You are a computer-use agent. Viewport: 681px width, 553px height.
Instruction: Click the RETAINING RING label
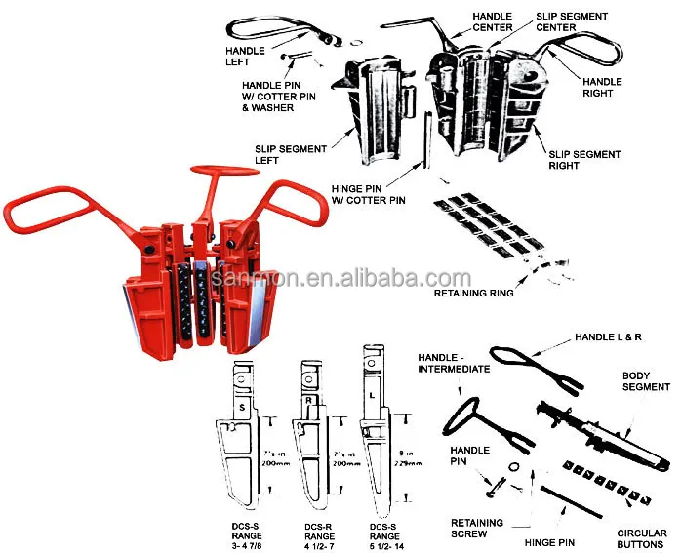[473, 292]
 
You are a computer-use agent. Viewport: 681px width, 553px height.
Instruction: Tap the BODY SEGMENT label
[647, 380]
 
